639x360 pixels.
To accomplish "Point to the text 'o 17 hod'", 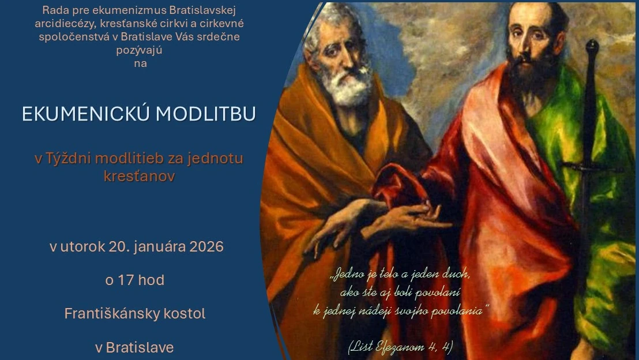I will (x=134, y=280).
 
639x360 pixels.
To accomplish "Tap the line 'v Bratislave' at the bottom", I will (x=134, y=348).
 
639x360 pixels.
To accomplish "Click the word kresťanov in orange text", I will (x=139, y=176).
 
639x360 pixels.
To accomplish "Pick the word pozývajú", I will (x=140, y=50).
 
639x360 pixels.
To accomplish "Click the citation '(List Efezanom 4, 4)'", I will (x=400, y=347).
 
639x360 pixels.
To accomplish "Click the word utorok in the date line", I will (x=82, y=247).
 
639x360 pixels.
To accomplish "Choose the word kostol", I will (x=185, y=314).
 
